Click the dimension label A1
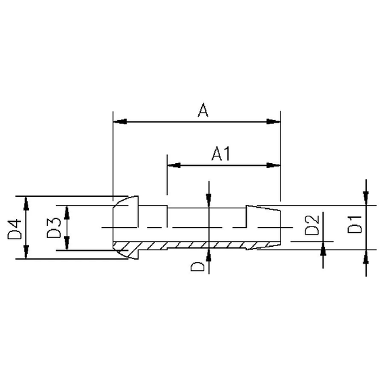point(222,154)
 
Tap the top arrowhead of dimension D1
point(365,197)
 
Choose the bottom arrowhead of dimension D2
point(324,249)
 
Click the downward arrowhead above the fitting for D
point(210,199)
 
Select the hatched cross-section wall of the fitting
point(202,245)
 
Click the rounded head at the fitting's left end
point(125,226)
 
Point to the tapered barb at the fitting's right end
point(263,226)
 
